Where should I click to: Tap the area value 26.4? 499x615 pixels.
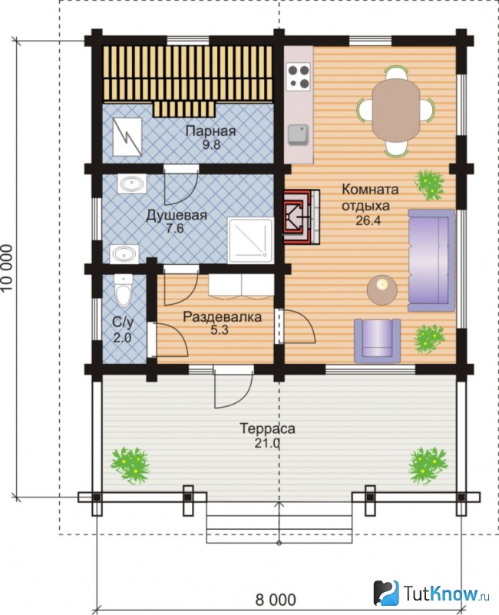[368, 220]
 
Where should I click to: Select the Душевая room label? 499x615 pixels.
[176, 215]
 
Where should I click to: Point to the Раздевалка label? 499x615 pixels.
[222, 317]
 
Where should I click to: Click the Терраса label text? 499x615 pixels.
[267, 428]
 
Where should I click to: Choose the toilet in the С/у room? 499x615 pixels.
[123, 290]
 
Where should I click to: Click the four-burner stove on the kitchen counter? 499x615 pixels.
[299, 76]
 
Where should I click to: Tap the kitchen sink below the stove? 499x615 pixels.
[298, 134]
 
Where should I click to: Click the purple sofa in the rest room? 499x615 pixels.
[431, 260]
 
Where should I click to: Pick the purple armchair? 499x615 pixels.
[378, 340]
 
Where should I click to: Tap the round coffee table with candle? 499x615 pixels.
[382, 290]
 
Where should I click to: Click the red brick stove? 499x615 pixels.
[301, 217]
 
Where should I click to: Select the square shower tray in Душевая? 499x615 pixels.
[251, 240]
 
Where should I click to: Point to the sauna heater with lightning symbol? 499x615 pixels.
[127, 137]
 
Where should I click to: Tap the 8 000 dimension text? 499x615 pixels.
[276, 600]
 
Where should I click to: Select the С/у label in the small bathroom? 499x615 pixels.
[123, 322]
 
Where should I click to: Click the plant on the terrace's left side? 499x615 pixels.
[131, 465]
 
